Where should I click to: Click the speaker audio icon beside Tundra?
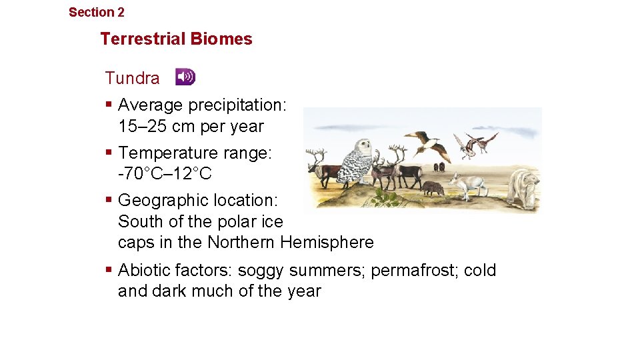click(x=185, y=77)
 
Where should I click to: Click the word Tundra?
click(x=132, y=78)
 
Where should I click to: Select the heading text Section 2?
click(x=96, y=12)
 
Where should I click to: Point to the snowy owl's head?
click(x=363, y=147)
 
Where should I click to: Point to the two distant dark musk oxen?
click(x=439, y=166)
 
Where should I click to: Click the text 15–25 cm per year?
click(x=191, y=126)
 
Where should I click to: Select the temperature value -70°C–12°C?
click(x=165, y=174)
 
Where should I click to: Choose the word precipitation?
click(x=238, y=105)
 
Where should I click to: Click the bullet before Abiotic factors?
click(x=109, y=270)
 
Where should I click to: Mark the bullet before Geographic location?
click(x=109, y=200)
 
